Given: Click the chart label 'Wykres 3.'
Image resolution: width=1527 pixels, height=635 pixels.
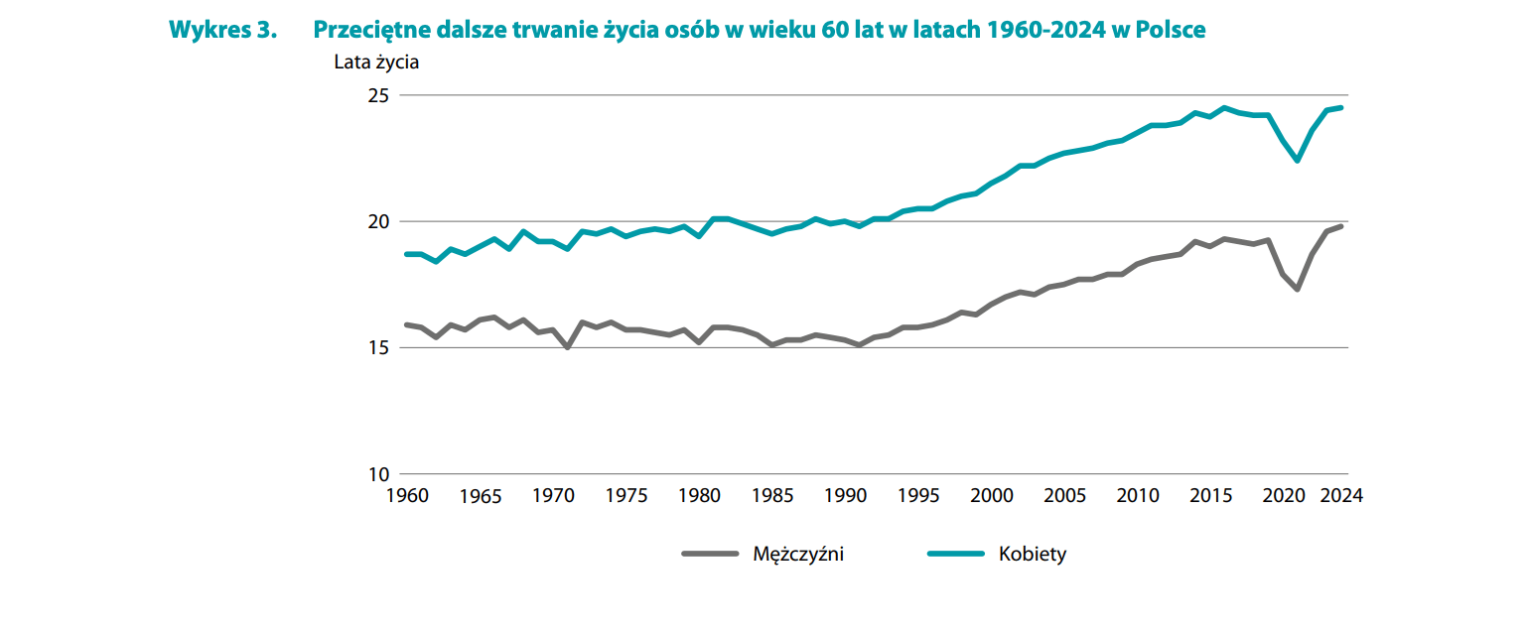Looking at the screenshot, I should click(221, 30).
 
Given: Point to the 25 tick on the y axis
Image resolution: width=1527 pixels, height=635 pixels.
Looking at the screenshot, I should click(379, 96).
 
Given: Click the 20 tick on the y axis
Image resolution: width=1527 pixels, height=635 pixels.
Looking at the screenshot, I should click(379, 222).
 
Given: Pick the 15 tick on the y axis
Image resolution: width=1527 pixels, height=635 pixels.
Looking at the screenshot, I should click(379, 348).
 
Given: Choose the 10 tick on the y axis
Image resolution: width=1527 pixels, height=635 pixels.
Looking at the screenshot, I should click(379, 474).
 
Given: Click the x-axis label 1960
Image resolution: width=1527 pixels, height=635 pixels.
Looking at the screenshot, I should click(406, 495).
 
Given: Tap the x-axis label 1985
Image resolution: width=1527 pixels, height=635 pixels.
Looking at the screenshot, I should click(772, 495).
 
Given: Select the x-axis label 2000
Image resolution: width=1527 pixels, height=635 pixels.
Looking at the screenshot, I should click(992, 495).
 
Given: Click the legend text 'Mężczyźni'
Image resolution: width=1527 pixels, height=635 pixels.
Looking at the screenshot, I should click(798, 554).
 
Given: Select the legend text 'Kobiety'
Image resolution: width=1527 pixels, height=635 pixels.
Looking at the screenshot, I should click(1033, 554).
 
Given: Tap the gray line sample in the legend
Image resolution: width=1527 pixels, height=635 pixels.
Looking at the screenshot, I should click(710, 554).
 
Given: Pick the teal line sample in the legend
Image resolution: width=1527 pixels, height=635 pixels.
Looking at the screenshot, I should click(955, 554).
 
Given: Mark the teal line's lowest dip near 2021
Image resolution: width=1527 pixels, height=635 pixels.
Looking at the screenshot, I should click(1298, 160).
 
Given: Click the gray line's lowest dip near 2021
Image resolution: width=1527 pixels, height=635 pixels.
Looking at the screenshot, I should click(1298, 289).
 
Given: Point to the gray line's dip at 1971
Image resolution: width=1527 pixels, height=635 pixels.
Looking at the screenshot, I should click(567, 347).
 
